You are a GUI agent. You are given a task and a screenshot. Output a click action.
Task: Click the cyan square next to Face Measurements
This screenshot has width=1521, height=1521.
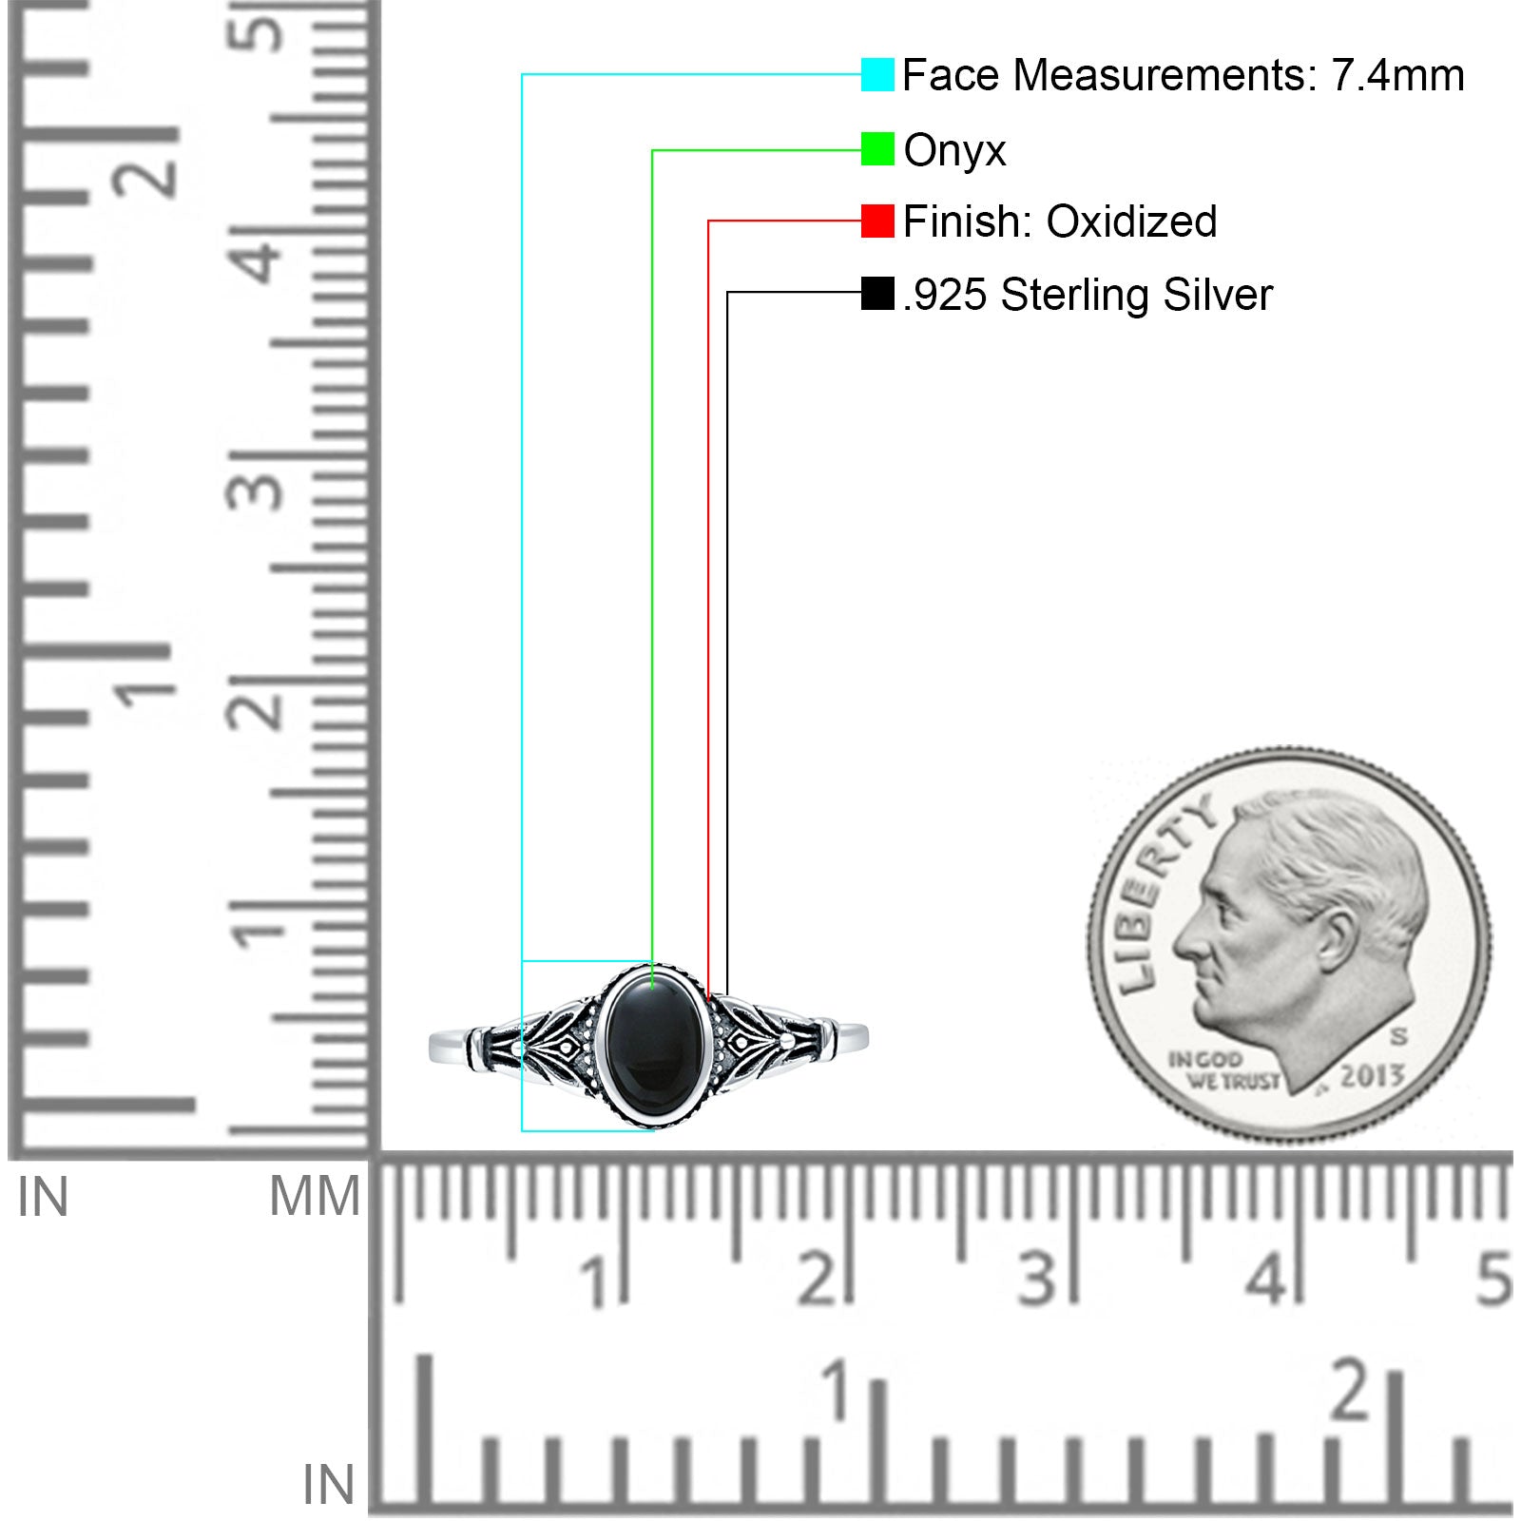(877, 74)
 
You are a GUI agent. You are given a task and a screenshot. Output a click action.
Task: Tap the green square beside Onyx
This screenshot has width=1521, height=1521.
(877, 148)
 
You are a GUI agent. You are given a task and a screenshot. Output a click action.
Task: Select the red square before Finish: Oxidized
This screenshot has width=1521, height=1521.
(877, 221)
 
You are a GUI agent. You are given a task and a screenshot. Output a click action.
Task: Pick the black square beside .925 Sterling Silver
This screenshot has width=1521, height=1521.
(877, 294)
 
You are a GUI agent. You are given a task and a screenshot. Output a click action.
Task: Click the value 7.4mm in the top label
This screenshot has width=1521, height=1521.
(1397, 75)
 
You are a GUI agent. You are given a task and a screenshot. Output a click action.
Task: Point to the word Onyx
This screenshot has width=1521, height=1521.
(954, 151)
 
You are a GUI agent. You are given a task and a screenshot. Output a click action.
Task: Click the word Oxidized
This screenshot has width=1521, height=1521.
(1131, 221)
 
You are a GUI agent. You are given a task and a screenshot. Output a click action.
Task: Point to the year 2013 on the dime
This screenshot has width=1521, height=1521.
(1372, 1075)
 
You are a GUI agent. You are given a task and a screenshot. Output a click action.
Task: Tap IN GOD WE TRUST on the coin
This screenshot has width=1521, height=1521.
(1223, 1070)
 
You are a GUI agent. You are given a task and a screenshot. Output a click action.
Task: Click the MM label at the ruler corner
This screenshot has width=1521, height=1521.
(315, 1196)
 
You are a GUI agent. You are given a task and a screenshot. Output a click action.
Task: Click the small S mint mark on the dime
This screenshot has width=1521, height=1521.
(1398, 1035)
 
